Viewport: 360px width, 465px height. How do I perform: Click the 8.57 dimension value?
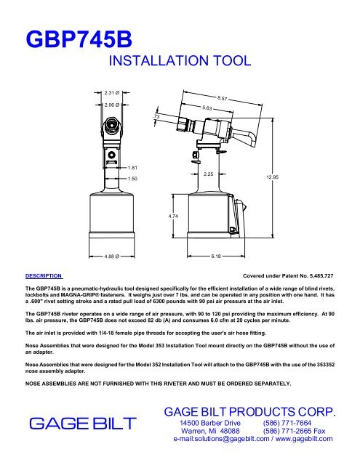(x=224, y=97)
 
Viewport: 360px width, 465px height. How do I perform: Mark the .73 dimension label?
(x=156, y=117)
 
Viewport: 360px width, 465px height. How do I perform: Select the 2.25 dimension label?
(x=209, y=174)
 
